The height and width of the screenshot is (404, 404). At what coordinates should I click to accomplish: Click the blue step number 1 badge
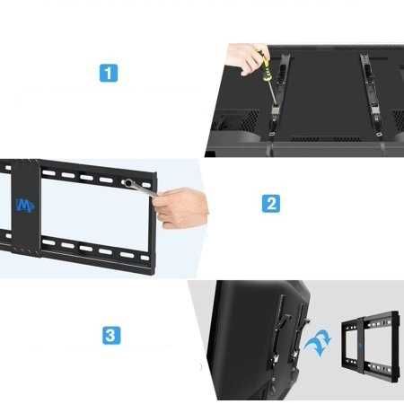[x=109, y=73]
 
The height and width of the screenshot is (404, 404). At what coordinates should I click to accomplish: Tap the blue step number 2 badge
[x=271, y=204]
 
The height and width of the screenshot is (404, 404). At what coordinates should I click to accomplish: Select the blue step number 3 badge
[x=111, y=335]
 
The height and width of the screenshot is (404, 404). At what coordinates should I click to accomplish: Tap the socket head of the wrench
[x=127, y=182]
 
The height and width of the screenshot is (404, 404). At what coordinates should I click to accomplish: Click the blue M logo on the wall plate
[x=25, y=205]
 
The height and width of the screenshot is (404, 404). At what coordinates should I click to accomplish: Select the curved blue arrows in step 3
[x=318, y=344]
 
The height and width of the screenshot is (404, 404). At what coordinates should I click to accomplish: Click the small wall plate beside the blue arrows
[x=370, y=347]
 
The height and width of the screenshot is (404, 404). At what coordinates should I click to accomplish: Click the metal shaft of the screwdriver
[x=273, y=93]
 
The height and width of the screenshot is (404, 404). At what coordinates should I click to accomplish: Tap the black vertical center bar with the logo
[x=25, y=207]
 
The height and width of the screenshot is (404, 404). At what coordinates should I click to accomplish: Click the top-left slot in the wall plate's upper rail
[x=48, y=172]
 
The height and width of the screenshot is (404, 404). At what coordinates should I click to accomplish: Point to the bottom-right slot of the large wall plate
[x=145, y=258]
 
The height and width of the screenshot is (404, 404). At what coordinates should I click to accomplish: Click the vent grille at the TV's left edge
[x=241, y=119]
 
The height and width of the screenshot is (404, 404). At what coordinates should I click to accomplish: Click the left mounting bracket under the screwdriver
[x=278, y=95]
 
